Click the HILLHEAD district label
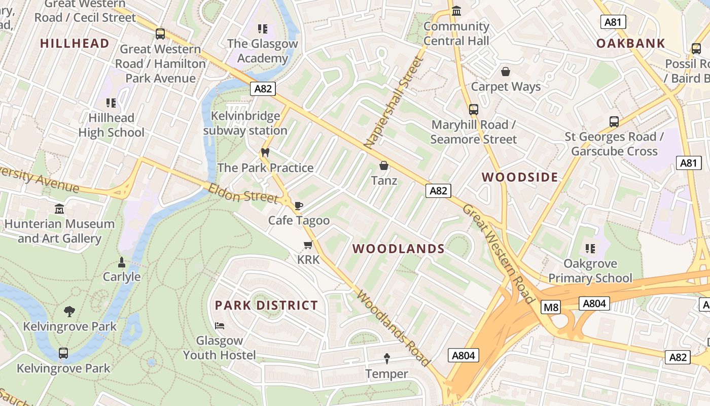coord(75,44)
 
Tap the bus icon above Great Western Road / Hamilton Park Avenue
coord(160,34)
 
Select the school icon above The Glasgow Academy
coord(262,29)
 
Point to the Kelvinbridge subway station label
coord(245,123)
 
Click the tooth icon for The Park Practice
coord(264,153)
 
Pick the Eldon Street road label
coord(243,193)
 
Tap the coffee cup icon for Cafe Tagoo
coord(299,206)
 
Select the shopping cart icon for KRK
coord(308,246)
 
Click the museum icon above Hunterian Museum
coord(59,209)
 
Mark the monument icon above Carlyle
coord(121,262)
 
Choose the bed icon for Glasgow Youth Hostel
coord(220,325)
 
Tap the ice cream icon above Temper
coord(387,359)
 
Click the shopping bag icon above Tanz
coord(384,166)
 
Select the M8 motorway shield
coord(550,307)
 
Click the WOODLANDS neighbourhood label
coord(399,249)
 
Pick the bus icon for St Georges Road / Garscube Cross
coord(614,122)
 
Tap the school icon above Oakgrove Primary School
coord(590,249)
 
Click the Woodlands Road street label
coord(394,328)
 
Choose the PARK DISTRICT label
coord(266,306)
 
